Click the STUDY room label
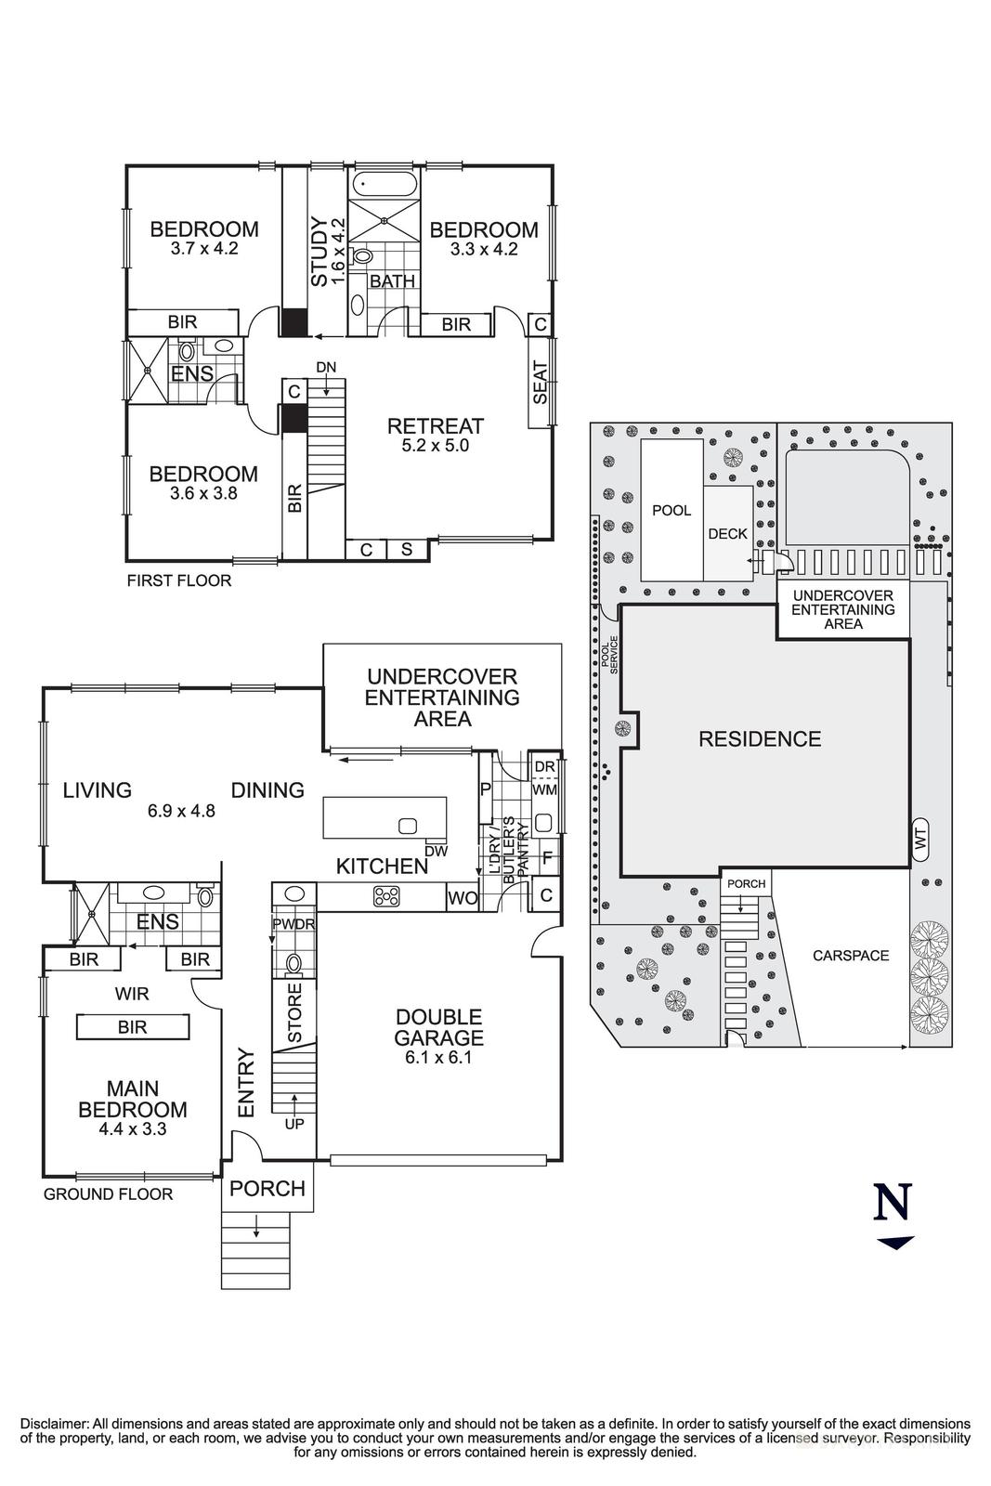click(319, 251)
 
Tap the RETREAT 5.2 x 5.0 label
click(435, 434)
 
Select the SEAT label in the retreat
click(541, 382)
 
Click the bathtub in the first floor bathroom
click(384, 183)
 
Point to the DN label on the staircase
click(325, 368)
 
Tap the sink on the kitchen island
click(407, 826)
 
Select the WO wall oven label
click(463, 898)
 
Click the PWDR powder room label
click(293, 924)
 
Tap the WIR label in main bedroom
click(132, 994)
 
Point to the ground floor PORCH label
click(267, 1189)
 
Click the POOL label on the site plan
click(672, 510)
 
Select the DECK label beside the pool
click(727, 534)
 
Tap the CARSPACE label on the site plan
click(851, 955)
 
